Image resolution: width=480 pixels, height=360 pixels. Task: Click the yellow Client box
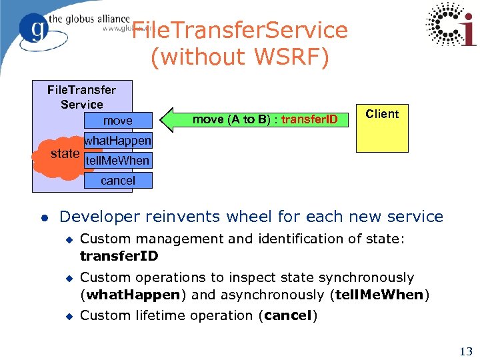(382, 128)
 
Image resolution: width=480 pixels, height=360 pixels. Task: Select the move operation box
(118, 121)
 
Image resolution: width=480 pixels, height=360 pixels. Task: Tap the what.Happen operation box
(118, 141)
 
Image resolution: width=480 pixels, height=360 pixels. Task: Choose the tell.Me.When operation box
(118, 161)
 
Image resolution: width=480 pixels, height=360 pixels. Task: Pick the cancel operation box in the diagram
(118, 181)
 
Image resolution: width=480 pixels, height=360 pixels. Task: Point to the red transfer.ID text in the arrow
(309, 120)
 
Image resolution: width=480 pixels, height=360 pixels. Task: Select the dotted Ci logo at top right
(451, 25)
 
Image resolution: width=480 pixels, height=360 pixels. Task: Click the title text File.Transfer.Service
(240, 30)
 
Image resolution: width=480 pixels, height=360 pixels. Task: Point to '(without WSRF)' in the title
(240, 57)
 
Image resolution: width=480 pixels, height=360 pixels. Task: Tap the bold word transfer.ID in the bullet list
(119, 256)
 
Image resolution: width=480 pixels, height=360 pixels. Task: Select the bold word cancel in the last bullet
(288, 315)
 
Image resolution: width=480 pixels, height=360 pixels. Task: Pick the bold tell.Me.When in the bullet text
(379, 295)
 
